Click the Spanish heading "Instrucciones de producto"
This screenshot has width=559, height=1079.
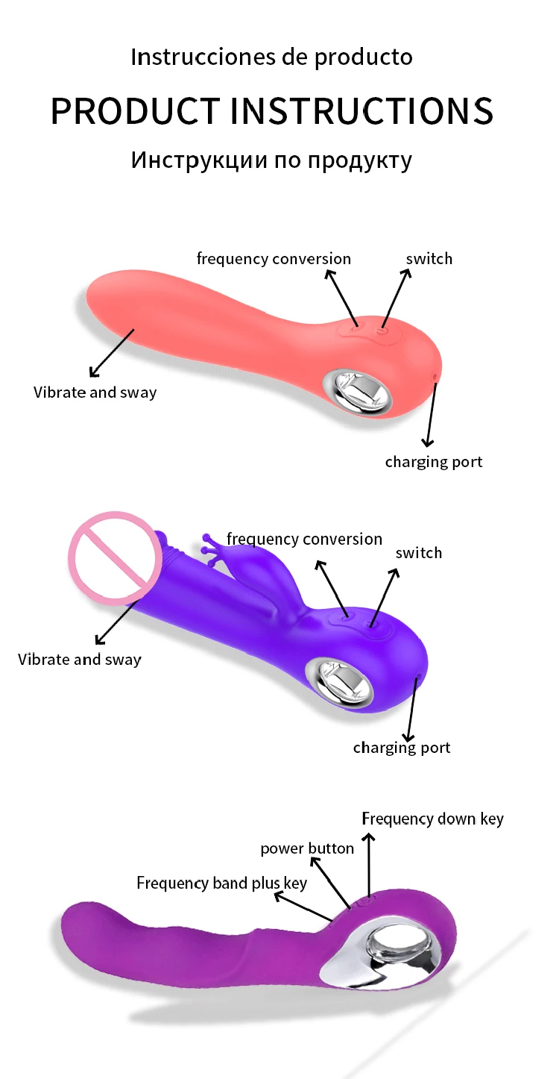tap(271, 57)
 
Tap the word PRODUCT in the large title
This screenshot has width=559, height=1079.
tap(135, 110)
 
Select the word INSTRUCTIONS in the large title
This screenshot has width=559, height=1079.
tap(361, 110)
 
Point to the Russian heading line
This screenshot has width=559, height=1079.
tap(271, 160)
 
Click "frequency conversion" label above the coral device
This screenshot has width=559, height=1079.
tap(274, 259)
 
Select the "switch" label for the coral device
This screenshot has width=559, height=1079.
tap(429, 259)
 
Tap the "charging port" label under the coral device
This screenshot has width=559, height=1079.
tap(433, 462)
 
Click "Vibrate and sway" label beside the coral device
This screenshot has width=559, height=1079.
tap(95, 392)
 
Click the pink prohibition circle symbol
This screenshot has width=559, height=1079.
tap(108, 558)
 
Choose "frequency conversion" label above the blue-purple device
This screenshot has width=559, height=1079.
tap(304, 539)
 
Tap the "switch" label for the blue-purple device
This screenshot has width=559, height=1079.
tap(418, 553)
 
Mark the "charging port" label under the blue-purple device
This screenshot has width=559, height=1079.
tap(402, 748)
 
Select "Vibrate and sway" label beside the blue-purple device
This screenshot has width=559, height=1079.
tap(79, 660)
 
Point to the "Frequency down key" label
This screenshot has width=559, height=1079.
tap(432, 819)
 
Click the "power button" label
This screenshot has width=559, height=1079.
tap(307, 849)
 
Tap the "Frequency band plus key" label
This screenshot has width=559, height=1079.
tap(221, 883)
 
